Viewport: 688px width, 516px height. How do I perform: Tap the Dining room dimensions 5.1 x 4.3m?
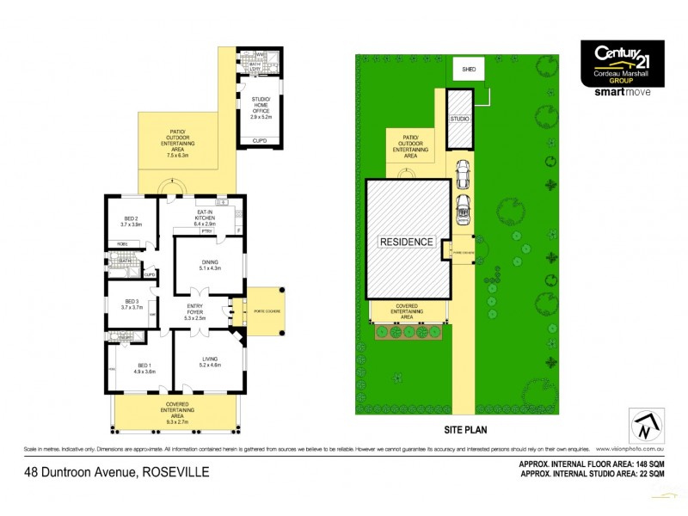click(210, 269)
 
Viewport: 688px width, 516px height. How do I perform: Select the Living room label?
click(210, 359)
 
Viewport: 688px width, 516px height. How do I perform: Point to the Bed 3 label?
click(132, 302)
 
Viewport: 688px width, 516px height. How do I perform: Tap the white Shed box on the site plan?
click(469, 70)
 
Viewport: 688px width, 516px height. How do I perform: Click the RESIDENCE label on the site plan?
click(406, 242)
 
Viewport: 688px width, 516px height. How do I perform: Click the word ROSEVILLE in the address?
click(175, 471)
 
